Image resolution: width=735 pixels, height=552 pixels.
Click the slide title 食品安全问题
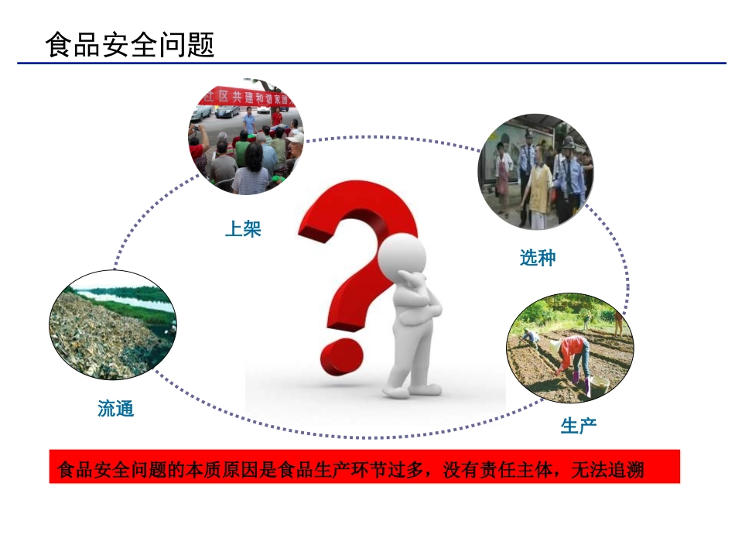point(130,44)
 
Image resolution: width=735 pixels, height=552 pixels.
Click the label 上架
point(243,229)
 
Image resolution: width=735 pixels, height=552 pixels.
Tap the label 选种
point(537,259)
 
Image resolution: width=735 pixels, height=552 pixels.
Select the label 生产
point(579,425)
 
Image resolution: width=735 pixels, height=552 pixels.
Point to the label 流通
point(116,409)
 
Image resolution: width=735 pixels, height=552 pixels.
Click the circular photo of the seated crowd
point(246,137)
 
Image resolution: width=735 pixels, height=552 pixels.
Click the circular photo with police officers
point(535,171)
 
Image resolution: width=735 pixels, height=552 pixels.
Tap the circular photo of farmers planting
point(569,348)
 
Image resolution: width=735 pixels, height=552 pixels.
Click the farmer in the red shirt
point(572,352)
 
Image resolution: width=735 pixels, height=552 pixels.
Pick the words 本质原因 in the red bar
point(212,470)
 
